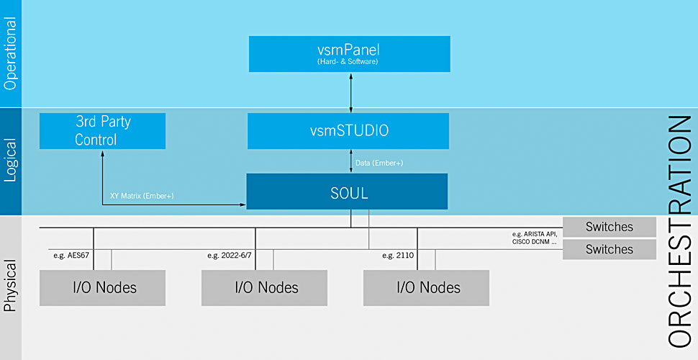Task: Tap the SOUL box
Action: pos(347,193)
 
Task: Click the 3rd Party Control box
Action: pos(103,130)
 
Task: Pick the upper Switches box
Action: pos(609,227)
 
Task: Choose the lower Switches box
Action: pos(609,249)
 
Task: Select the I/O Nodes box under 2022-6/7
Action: pos(266,287)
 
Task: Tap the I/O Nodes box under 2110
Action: pos(428,287)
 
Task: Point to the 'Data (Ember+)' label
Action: pos(379,163)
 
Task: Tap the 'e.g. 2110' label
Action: pos(398,254)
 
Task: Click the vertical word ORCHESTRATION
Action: pos(679,230)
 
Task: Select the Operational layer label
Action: pos(10,54)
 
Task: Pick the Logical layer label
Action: pos(10,162)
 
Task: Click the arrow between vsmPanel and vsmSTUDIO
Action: pos(350,91)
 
